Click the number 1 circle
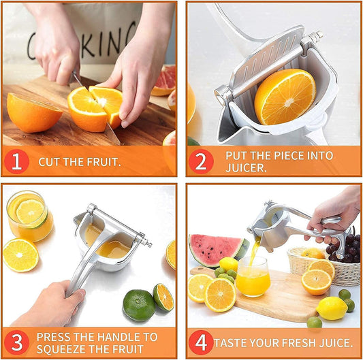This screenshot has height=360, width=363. (16, 161)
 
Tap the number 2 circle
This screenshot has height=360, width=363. (201, 161)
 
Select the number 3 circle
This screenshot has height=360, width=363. (16, 342)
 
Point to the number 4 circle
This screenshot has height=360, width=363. (201, 342)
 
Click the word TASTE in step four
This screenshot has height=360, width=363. (232, 343)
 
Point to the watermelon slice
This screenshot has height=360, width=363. (215, 250)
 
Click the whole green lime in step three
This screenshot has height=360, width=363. (139, 305)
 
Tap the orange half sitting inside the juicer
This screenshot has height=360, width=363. (285, 96)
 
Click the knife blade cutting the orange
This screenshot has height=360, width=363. (102, 116)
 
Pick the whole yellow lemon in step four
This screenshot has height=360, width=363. (332, 308)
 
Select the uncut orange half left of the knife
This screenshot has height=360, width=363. (33, 112)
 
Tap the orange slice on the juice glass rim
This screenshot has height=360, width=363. (30, 212)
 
